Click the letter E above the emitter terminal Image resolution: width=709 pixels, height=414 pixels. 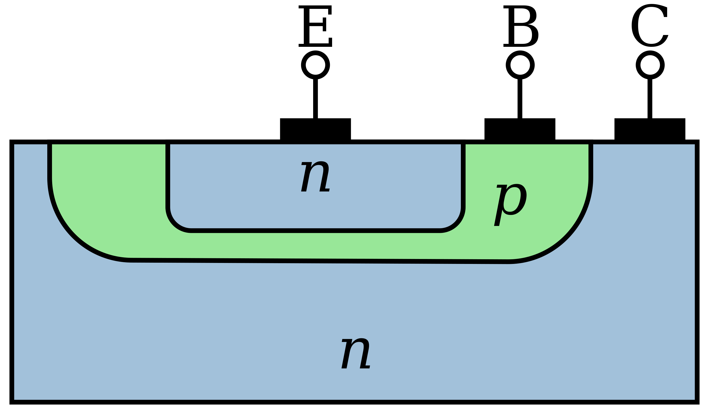(x=315, y=26)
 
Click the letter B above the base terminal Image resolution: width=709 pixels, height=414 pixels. (x=520, y=26)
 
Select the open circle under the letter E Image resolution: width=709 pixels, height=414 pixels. (x=315, y=65)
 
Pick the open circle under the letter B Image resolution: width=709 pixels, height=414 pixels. (x=520, y=65)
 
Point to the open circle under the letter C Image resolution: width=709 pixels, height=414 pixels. (x=650, y=65)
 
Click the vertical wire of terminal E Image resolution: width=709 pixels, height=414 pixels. (x=315, y=99)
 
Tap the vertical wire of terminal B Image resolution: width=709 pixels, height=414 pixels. (x=520, y=99)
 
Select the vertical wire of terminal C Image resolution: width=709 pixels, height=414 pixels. (x=650, y=99)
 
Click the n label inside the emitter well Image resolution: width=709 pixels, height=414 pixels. (x=315, y=177)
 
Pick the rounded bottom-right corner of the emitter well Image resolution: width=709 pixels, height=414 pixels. (x=456, y=224)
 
